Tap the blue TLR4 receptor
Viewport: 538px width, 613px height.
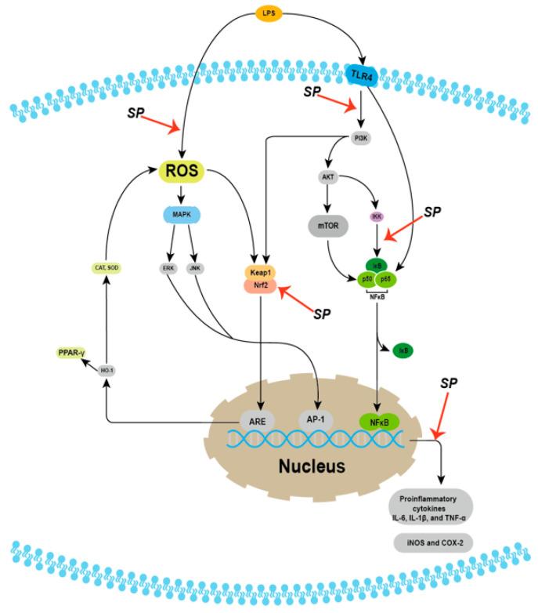[361, 76]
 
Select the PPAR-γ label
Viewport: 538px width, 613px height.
[75, 353]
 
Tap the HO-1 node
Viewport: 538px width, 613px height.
[109, 368]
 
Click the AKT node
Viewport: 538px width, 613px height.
[328, 177]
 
